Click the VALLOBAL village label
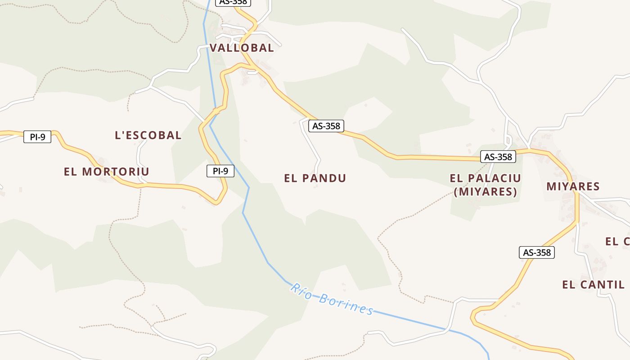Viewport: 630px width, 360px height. [242, 48]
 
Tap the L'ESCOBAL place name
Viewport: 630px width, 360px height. [148, 135]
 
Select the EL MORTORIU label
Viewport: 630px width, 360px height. [107, 171]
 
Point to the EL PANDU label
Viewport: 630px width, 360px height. [315, 178]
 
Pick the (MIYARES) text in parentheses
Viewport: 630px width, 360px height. [485, 192]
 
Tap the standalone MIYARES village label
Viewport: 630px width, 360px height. [573, 186]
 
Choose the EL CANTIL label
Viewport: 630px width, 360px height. [593, 284]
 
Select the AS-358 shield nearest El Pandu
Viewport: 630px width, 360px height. [326, 126]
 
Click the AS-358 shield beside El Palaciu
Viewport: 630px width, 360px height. [498, 157]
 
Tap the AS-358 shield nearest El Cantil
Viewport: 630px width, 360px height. [537, 252]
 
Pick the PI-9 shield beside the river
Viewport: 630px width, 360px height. [220, 171]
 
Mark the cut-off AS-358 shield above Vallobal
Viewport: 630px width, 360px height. [233, 2]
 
